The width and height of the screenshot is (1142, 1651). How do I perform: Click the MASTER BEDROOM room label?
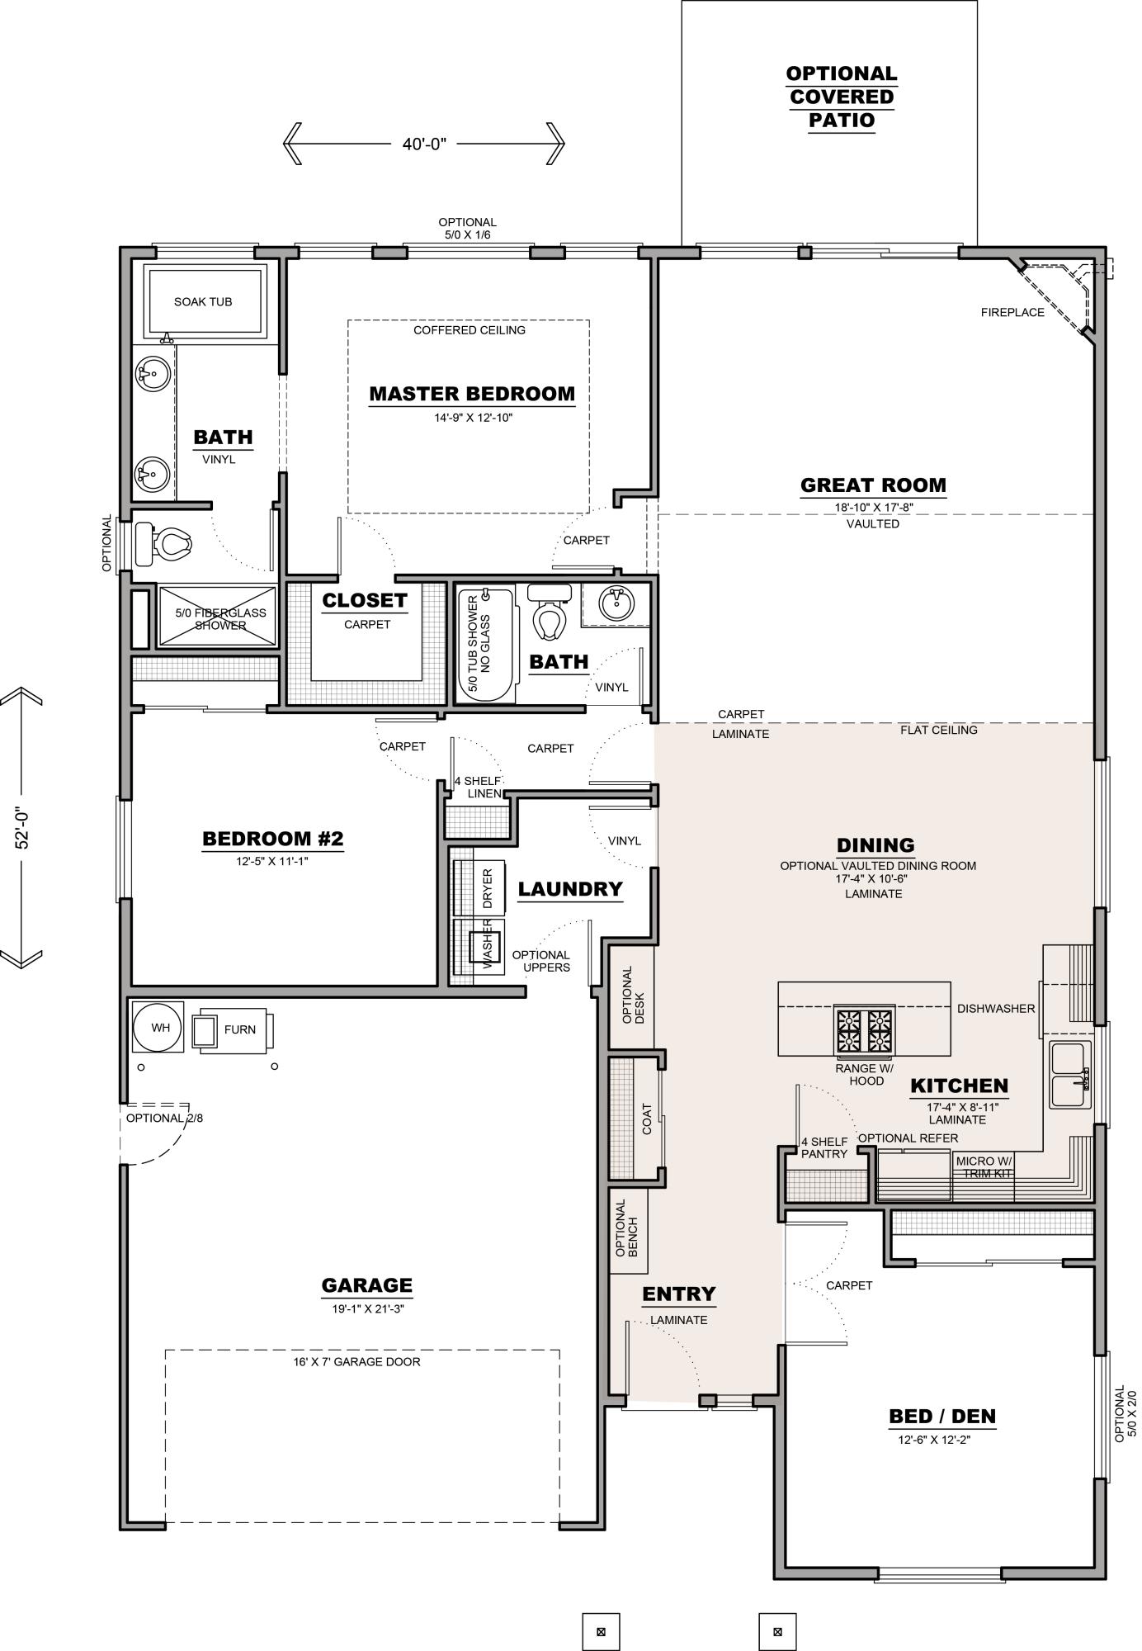[471, 394]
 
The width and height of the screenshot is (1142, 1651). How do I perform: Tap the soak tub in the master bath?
[204, 302]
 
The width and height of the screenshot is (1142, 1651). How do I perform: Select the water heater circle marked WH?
[159, 1028]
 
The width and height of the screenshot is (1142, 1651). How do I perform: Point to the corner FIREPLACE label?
[1012, 313]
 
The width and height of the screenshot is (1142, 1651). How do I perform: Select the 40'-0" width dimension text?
[424, 144]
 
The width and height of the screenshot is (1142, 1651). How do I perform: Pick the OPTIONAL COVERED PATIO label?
[841, 97]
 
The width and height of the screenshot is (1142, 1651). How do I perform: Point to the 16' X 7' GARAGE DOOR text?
[356, 1362]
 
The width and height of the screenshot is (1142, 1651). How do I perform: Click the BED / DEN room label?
[942, 1417]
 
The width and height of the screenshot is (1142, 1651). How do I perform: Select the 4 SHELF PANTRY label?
[824, 1148]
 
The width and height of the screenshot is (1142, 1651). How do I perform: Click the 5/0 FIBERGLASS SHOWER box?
[216, 618]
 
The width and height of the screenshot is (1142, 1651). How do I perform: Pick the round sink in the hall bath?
[615, 603]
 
